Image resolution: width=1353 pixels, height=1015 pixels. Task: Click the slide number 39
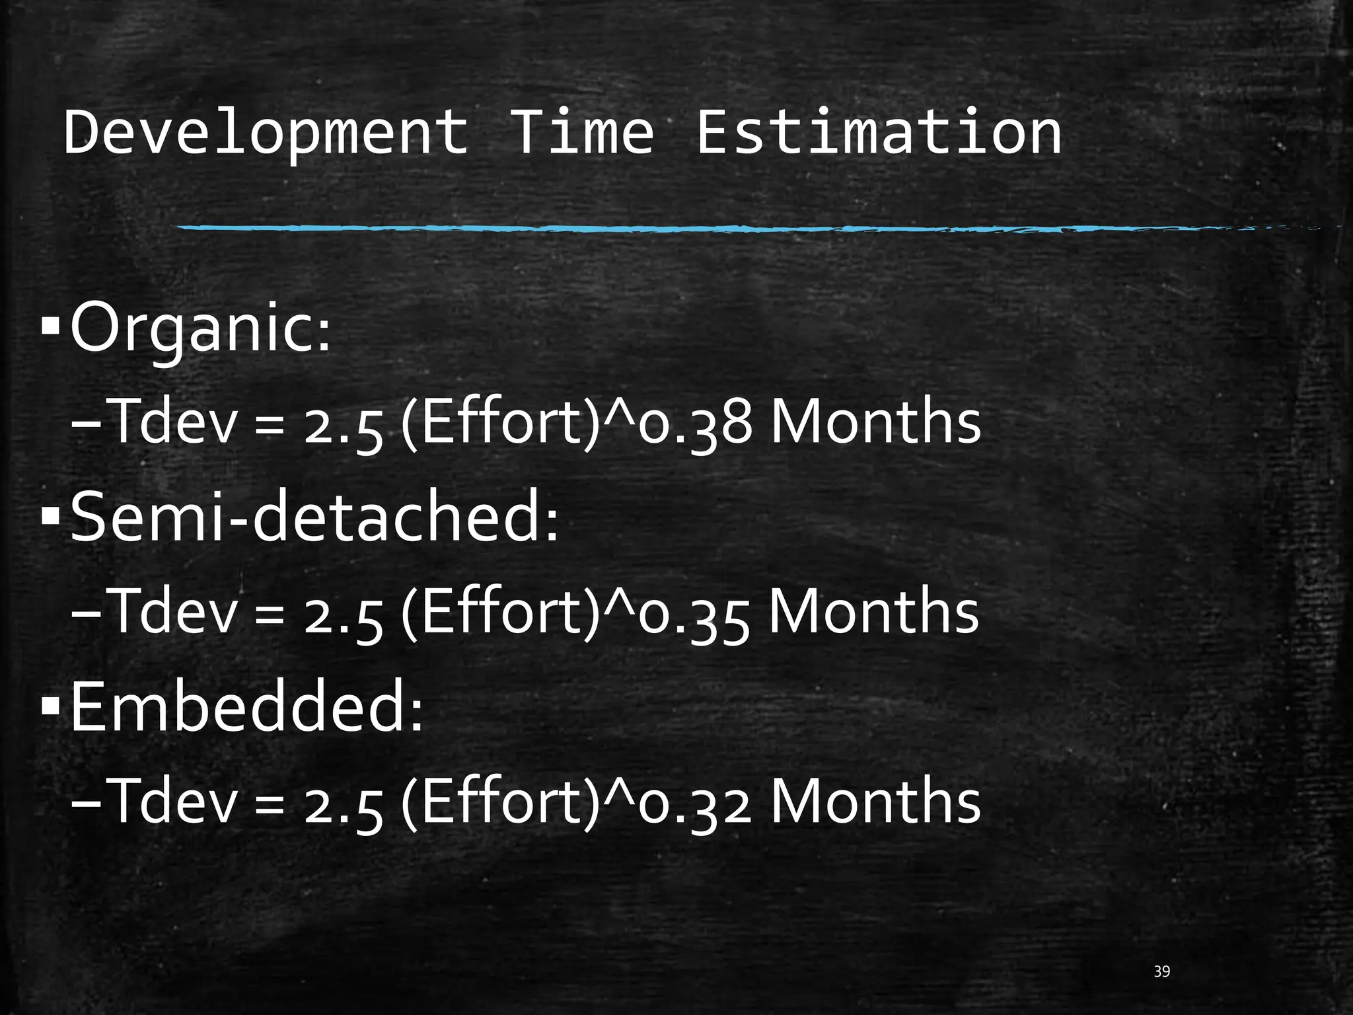(1161, 971)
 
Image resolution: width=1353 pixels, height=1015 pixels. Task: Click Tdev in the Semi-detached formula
(174, 612)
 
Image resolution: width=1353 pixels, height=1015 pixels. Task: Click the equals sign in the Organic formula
(270, 426)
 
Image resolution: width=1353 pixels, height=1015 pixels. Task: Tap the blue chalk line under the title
(661, 229)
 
